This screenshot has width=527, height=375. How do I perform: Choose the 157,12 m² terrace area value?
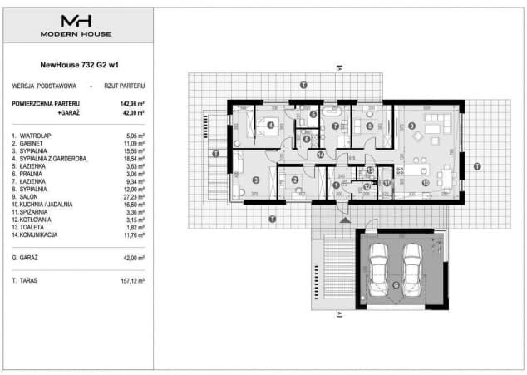(x=132, y=281)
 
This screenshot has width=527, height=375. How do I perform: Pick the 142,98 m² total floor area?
(x=132, y=103)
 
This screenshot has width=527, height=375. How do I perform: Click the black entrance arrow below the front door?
(x=339, y=220)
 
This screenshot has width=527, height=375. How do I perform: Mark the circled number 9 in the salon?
(x=411, y=126)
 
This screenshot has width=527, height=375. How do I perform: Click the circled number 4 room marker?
(x=271, y=126)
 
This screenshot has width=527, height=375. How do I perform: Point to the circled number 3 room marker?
(x=255, y=180)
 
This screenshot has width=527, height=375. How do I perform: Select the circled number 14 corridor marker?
(x=320, y=154)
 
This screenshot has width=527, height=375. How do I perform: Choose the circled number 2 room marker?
(x=293, y=180)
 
